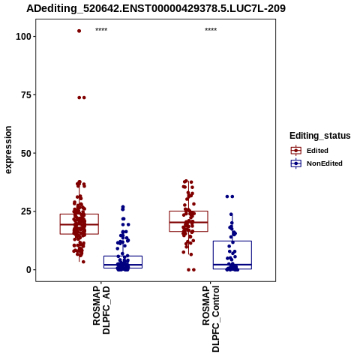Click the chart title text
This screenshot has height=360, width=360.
(156, 8)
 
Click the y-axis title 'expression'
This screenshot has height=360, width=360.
(8, 150)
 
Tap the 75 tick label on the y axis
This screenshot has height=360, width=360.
(26, 95)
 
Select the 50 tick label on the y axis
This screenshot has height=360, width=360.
(26, 153)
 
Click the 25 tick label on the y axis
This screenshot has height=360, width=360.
(26, 211)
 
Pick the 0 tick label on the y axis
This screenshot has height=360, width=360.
(29, 270)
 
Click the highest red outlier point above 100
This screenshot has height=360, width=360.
(79, 31)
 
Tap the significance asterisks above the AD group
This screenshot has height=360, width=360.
(101, 30)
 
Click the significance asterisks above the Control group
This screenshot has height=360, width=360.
(211, 30)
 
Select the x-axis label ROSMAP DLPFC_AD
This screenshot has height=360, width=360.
(101, 310)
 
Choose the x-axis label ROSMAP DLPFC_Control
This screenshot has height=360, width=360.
(211, 319)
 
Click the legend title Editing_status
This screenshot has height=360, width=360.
(320, 136)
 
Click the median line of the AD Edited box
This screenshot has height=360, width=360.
(79, 224)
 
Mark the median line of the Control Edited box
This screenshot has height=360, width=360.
(188, 222)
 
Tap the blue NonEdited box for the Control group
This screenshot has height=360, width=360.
(232, 241)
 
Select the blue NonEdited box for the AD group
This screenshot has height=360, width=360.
(123, 256)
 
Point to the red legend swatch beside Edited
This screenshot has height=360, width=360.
(296, 151)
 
